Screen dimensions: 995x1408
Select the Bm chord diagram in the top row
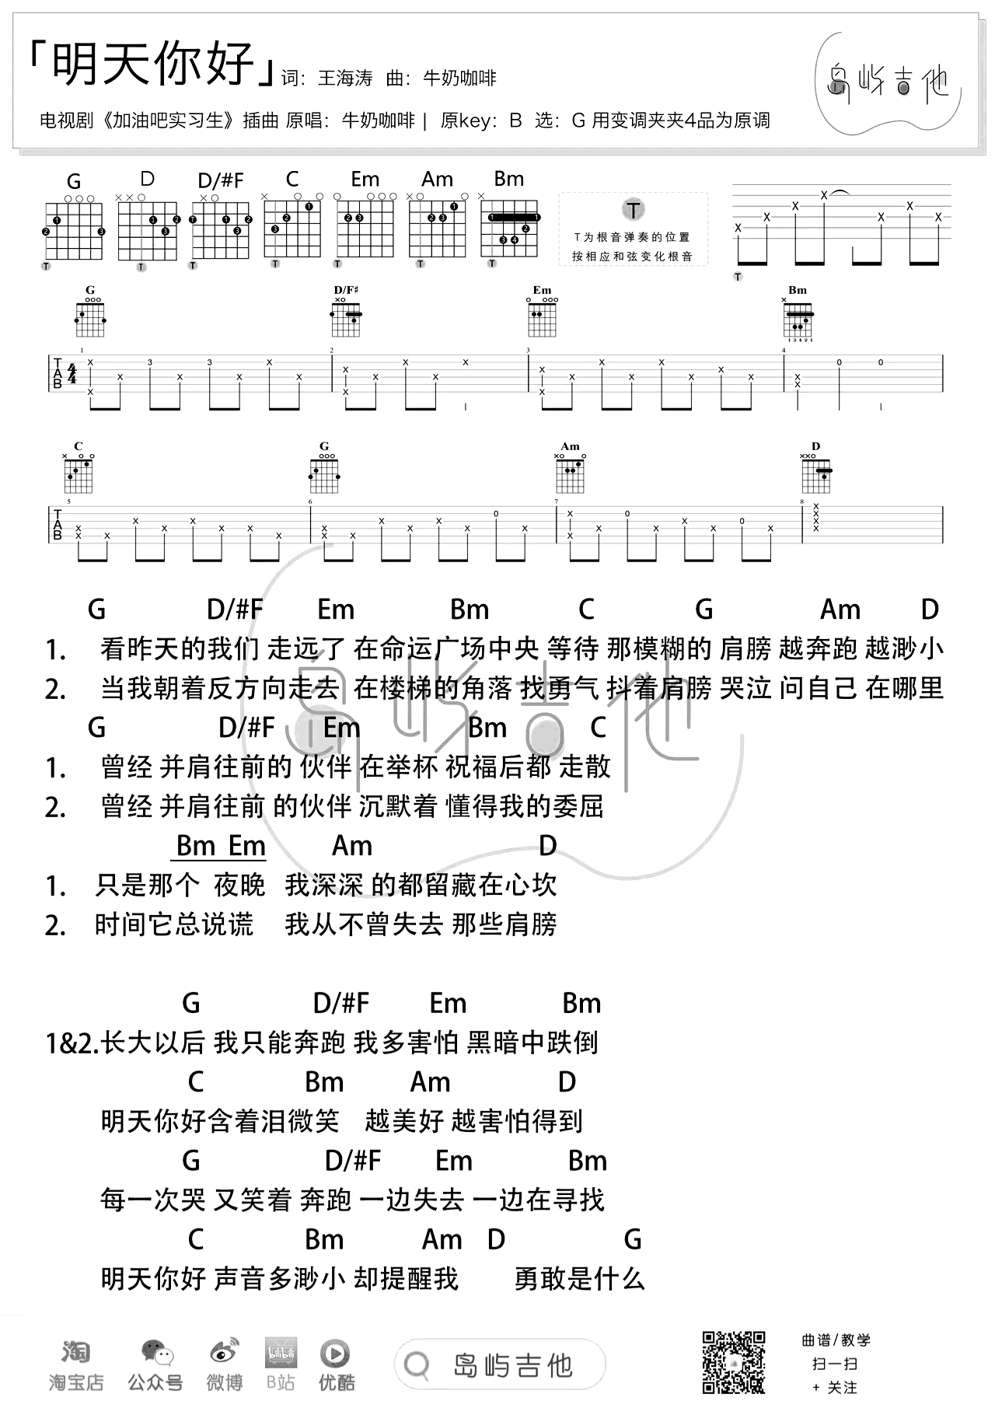tap(509, 222)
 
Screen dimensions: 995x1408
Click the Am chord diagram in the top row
tap(437, 222)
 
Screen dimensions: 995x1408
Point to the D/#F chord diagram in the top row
tap(221, 222)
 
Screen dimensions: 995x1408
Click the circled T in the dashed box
tap(634, 210)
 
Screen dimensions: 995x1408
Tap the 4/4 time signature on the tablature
tap(72, 374)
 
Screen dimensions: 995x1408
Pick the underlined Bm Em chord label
tap(221, 846)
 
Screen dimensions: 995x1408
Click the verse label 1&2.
tap(72, 1043)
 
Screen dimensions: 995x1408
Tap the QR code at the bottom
tap(734, 1362)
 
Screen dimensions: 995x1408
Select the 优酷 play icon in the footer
tap(335, 1354)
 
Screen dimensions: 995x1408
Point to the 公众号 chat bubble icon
tap(156, 1354)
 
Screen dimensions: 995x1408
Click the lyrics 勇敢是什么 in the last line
tap(580, 1279)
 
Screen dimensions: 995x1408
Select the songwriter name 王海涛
tap(345, 78)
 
